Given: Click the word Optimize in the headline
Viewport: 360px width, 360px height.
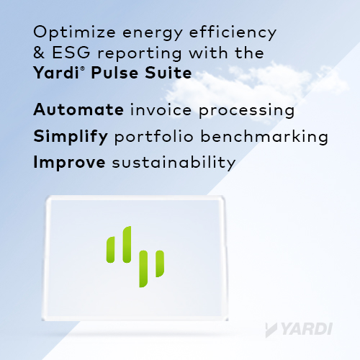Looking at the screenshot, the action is (x=74, y=32).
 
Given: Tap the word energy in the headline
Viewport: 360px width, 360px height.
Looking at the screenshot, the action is (x=153, y=34).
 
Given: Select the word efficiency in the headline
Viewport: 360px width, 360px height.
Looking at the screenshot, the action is (x=233, y=32).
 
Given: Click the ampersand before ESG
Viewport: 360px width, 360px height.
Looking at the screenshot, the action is (x=39, y=53).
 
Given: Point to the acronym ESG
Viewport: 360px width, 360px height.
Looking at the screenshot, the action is (x=71, y=53).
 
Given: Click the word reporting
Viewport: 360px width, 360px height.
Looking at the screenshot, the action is (x=140, y=54).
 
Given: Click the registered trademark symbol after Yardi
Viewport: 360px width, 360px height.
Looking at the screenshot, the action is (x=82, y=69).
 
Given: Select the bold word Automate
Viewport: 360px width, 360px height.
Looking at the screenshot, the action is (x=78, y=109).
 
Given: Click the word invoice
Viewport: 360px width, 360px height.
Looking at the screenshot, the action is (x=161, y=109).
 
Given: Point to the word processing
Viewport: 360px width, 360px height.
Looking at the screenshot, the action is (x=246, y=111).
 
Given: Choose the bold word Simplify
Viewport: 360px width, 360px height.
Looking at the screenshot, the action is (x=71, y=137).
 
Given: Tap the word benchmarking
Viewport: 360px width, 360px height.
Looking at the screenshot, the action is (x=264, y=137).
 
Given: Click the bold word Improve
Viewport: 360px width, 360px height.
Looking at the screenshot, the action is (x=69, y=163).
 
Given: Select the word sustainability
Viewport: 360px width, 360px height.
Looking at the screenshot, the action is (x=174, y=163).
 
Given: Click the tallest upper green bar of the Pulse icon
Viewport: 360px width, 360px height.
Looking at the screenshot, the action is (x=127, y=244).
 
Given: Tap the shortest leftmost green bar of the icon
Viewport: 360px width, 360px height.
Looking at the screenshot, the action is (x=111, y=250).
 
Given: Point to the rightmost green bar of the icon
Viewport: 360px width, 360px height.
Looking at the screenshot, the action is (x=160, y=264).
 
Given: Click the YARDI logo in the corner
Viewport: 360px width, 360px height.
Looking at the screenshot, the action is (x=299, y=330).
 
